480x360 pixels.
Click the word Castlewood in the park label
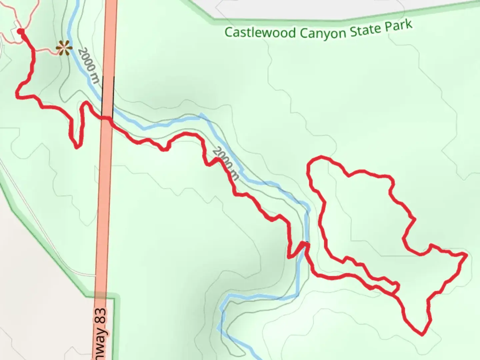260,33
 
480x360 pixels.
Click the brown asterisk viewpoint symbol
64,48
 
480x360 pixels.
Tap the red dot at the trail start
21,32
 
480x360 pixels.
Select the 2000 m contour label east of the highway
225,163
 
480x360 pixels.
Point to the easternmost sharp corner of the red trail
465,255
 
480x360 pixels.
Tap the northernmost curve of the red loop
321,157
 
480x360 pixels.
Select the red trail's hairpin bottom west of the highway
77,147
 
